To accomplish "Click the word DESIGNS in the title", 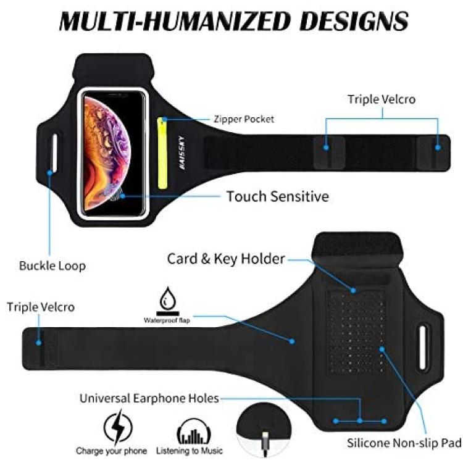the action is tap(354, 21).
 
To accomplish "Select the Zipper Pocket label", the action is tap(244, 119).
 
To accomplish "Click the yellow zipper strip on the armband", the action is tap(162, 153).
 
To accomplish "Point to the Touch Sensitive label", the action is tap(278, 196).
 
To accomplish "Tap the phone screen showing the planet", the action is tap(113, 153).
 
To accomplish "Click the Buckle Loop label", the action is tap(52, 265).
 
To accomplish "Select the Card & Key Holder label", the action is tap(226, 259).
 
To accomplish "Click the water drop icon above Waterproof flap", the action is tap(168, 298).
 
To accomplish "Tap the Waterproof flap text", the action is tap(167, 320).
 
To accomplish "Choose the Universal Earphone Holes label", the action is tap(149, 398).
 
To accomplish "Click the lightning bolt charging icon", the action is tap(118, 427).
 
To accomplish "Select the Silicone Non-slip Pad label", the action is tap(404, 443).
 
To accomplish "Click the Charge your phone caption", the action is tap(111, 451).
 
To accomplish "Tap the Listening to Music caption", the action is tap(190, 451).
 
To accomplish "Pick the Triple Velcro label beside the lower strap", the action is tap(41, 307).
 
